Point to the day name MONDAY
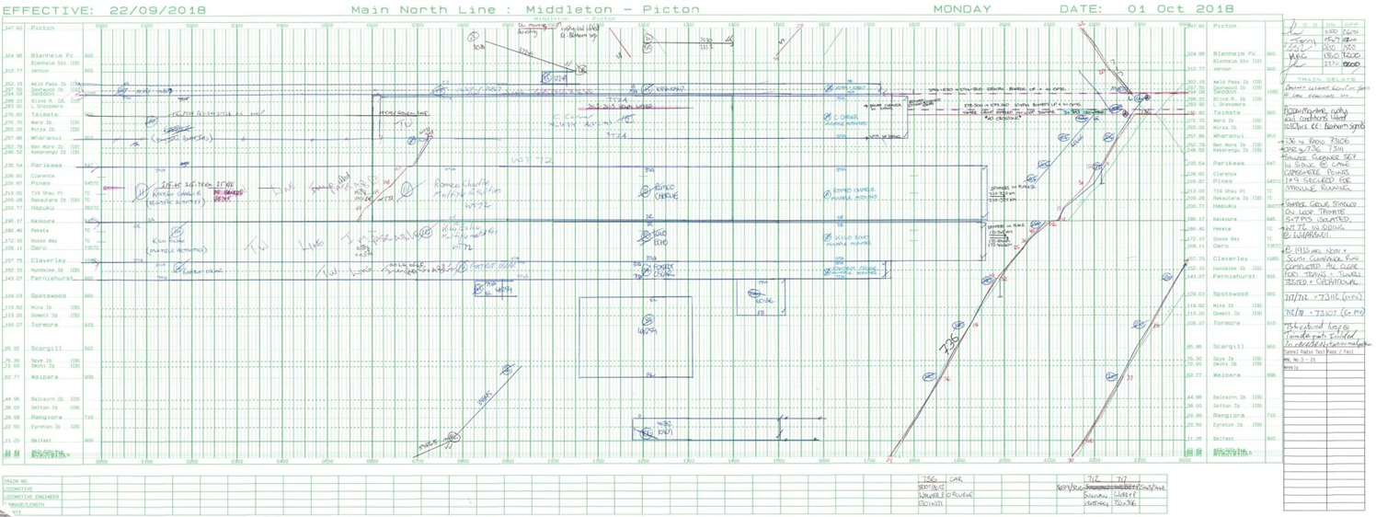click(x=962, y=9)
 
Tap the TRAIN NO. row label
click(x=16, y=480)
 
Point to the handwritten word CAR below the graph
click(x=956, y=479)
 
